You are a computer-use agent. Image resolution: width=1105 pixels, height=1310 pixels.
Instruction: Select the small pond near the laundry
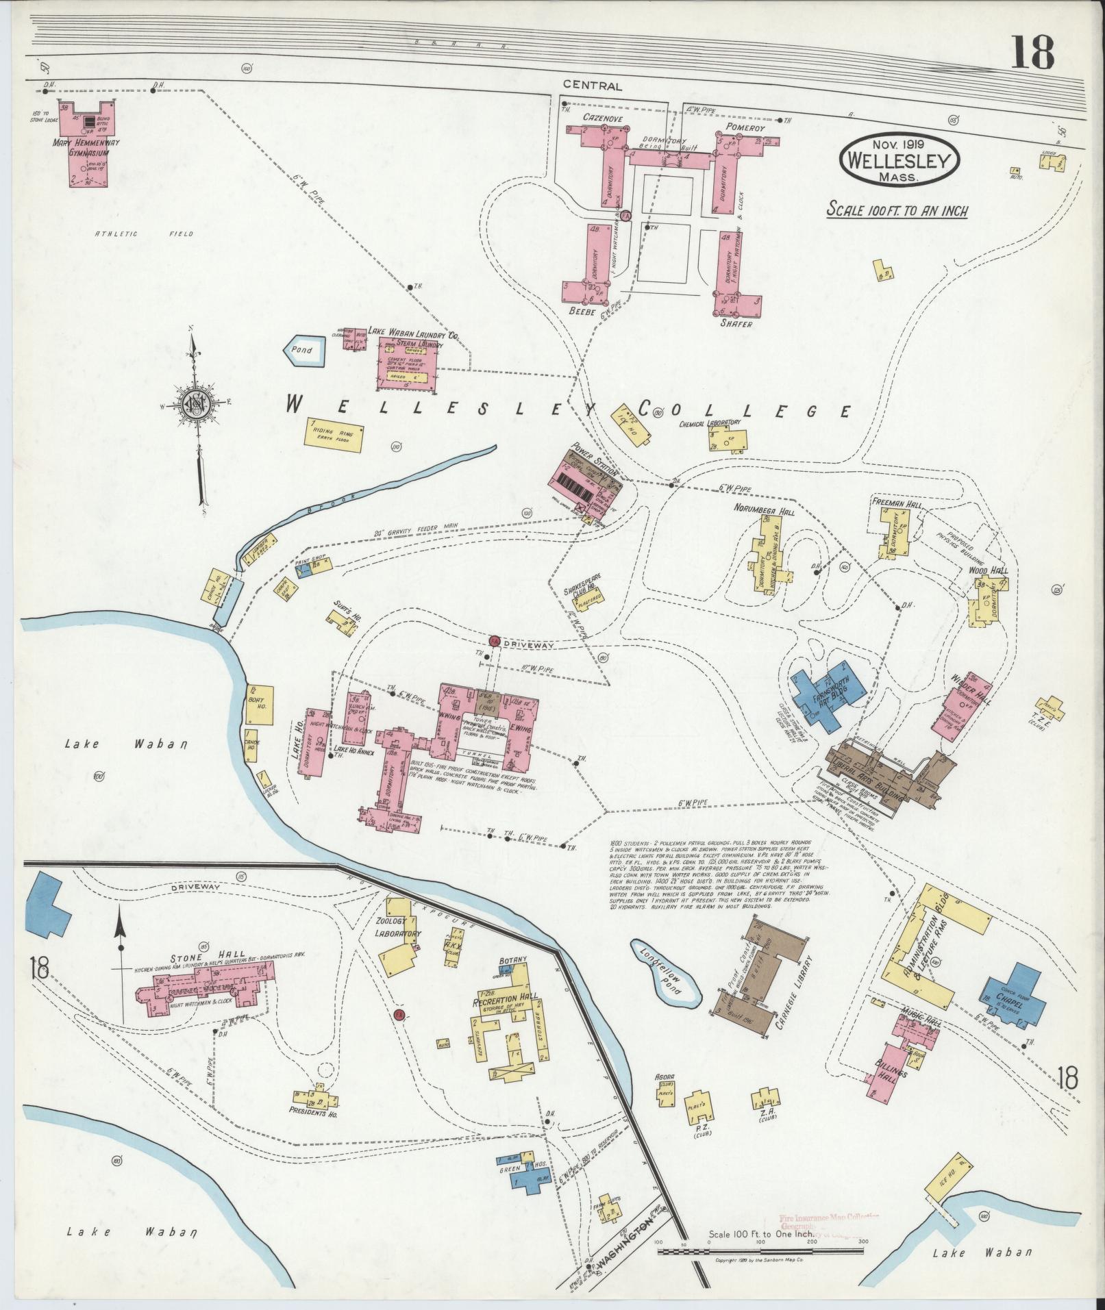302,350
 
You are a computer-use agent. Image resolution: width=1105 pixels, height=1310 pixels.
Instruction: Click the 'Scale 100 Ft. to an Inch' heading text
897,210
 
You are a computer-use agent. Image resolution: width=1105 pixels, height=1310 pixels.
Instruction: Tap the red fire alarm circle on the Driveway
494,641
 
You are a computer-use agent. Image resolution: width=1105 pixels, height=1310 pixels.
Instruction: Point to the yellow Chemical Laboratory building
728,440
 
